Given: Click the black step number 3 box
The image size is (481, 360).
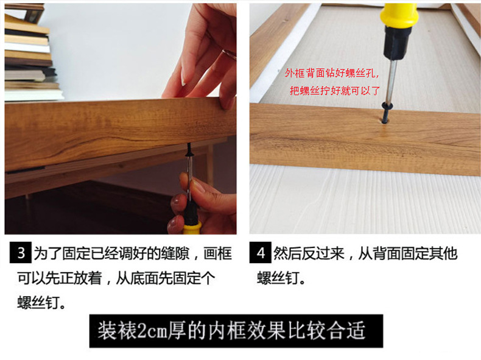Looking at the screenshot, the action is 21,253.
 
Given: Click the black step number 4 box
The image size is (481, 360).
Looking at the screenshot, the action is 260,253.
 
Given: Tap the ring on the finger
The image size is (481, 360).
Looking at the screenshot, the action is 229,54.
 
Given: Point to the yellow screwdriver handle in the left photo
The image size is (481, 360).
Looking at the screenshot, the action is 192,228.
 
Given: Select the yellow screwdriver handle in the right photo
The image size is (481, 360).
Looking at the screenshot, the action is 399,15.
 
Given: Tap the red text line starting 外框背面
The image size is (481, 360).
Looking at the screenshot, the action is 332,73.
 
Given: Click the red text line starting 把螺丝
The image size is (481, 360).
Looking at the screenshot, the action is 335,91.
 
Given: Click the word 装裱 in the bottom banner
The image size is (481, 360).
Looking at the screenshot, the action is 117,331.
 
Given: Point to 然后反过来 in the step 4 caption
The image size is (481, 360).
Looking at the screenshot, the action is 309,253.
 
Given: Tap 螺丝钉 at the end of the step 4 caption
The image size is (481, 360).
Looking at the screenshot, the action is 278,278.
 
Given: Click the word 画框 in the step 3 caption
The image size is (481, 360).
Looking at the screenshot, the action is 217,253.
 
